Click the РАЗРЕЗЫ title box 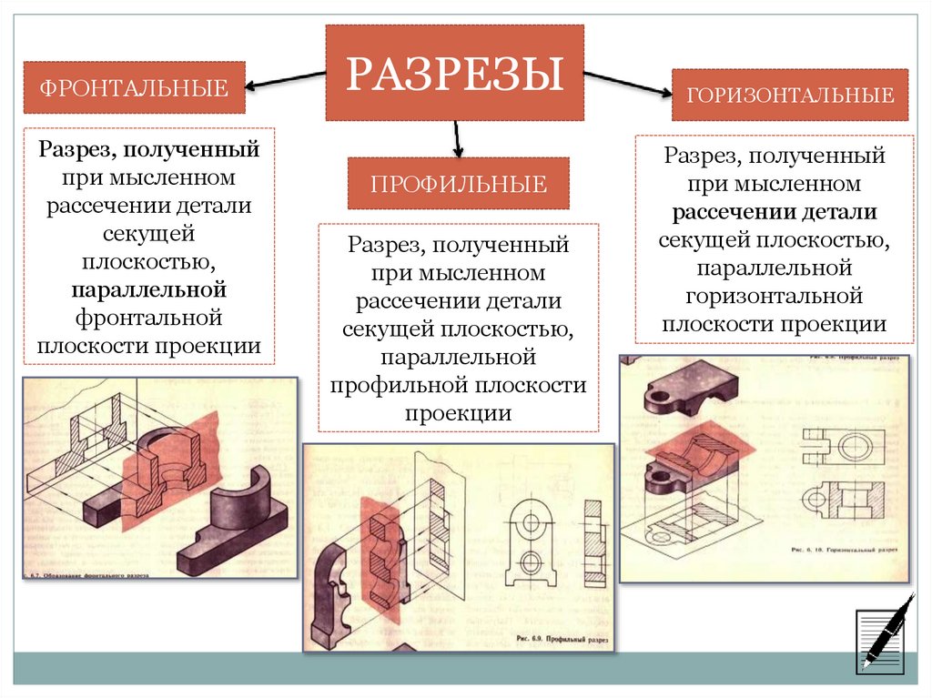[x=454, y=73]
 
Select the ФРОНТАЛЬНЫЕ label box [x=134, y=88]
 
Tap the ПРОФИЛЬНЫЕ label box [x=458, y=184]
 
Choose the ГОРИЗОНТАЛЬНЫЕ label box [x=790, y=95]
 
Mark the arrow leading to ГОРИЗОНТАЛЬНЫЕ [x=628, y=84]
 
